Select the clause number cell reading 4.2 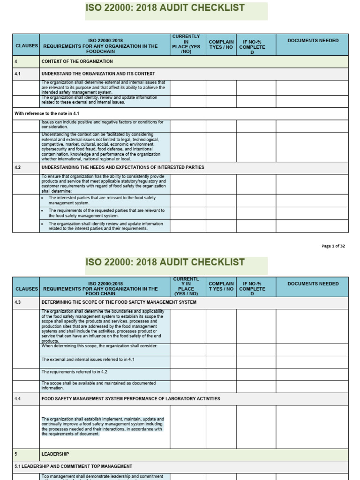(18, 167)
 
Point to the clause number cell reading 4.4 (18, 398)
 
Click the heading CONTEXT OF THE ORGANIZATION (77, 61)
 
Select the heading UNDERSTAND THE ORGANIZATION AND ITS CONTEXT (98, 74)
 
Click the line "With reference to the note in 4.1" (46, 113)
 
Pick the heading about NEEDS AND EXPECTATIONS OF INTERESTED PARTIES (123, 167)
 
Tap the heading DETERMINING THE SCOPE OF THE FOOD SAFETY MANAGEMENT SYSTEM (119, 302)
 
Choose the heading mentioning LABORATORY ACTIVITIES (131, 398)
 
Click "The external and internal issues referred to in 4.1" (88, 360)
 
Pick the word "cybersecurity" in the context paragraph (57, 149)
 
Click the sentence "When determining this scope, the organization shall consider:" (99, 346)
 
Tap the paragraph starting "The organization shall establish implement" (102, 426)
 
